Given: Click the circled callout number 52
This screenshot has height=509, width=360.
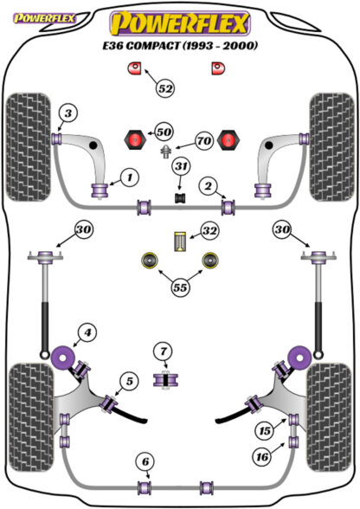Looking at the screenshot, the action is coord(165,88).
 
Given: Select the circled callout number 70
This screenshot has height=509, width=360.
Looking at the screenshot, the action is coord(204,141).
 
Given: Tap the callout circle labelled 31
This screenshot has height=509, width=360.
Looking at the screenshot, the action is coord(181,166).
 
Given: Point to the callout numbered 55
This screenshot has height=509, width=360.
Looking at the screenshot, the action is coord(180,287).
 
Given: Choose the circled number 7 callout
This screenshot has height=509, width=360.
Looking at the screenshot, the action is coord(164,351).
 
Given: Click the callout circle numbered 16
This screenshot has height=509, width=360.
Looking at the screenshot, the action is coord(262,457).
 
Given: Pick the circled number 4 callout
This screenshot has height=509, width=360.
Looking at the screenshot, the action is coord(87,332).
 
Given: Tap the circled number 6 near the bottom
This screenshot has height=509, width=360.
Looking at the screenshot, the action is coord(145,461).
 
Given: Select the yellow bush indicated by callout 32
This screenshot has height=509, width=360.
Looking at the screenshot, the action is coord(181,242).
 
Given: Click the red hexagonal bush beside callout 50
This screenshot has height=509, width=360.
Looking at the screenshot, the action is coord(135,139).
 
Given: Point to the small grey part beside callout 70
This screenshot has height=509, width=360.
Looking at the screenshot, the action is coord(166,151).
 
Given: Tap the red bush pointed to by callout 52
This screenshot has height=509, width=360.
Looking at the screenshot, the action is coord(133,68).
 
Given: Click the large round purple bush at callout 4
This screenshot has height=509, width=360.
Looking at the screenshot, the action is coord(62,358).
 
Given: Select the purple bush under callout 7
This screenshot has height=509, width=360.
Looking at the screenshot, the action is coord(165,380).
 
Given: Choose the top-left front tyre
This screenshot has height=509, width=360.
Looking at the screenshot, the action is coord(29,147).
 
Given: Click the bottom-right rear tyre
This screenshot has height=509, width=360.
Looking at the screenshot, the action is coord(330,417).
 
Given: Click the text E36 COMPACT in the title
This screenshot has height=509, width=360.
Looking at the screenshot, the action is coord(140,45).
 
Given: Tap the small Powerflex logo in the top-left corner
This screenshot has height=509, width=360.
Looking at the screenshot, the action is coord(45,18).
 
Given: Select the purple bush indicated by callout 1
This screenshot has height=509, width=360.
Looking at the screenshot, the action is coord(100,190).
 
